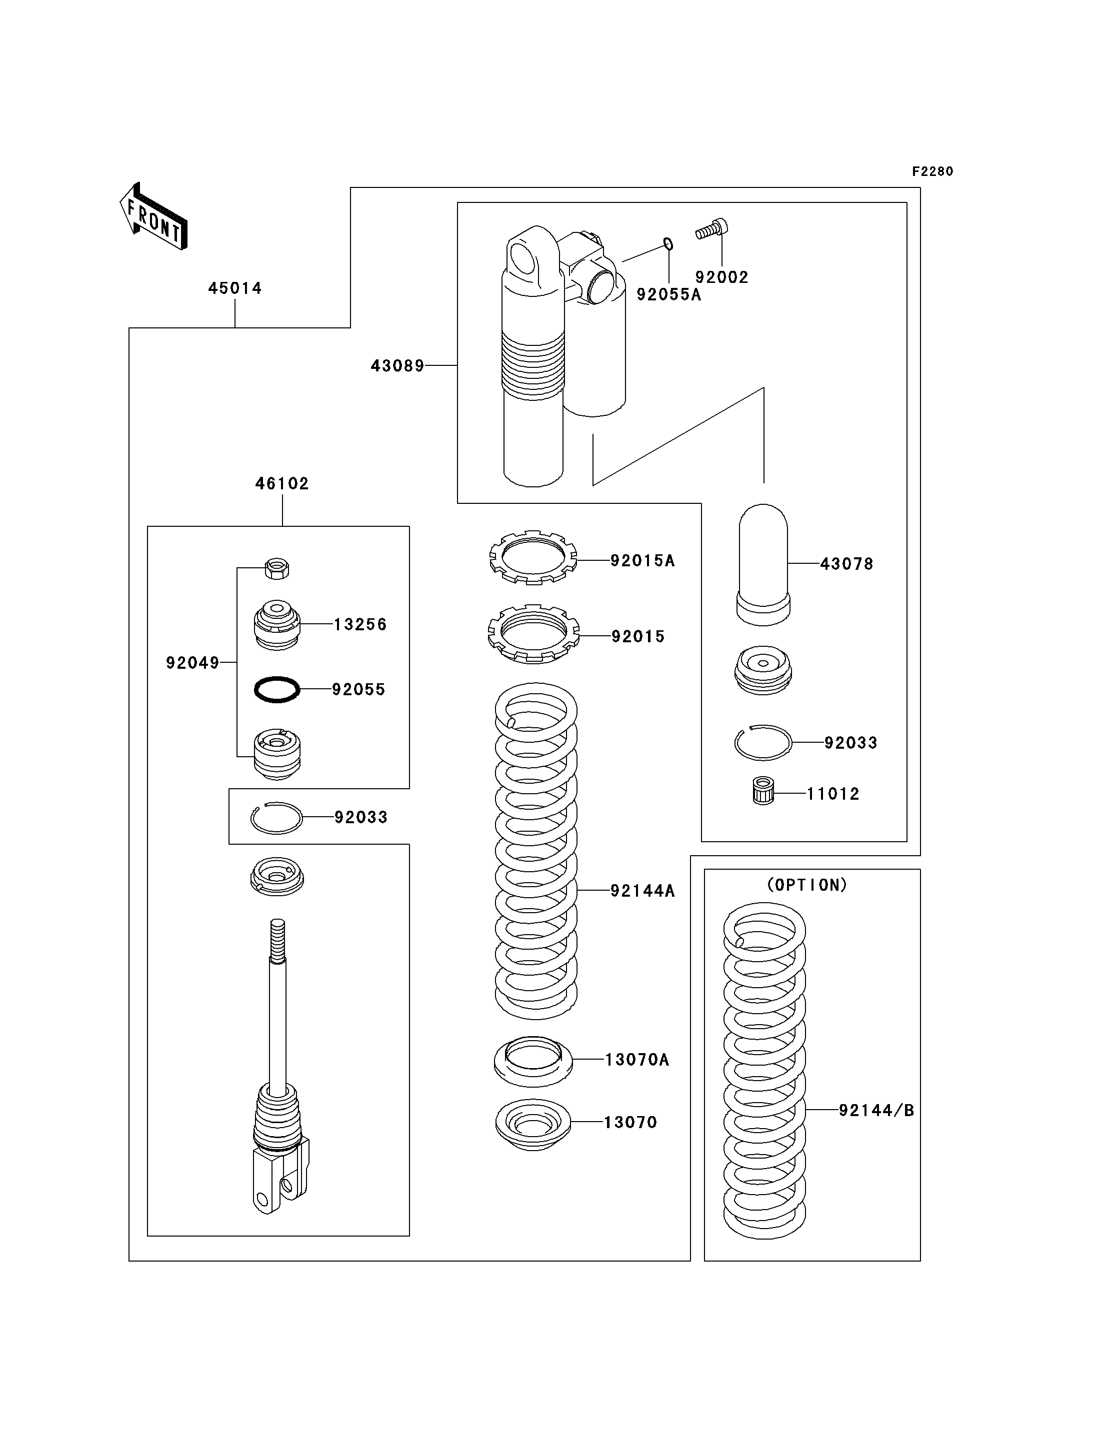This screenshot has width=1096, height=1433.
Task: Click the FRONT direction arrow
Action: click(x=153, y=216)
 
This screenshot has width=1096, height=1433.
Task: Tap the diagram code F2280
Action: click(x=932, y=171)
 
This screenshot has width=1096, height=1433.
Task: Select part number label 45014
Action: click(x=235, y=288)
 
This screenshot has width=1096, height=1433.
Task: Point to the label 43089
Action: click(x=397, y=366)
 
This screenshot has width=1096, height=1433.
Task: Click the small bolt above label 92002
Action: click(x=711, y=229)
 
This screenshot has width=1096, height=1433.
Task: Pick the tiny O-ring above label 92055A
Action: click(x=668, y=244)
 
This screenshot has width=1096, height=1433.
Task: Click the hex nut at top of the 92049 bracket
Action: click(x=277, y=568)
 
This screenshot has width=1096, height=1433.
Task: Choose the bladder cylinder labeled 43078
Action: click(x=763, y=565)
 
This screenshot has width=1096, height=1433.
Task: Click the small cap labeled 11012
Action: click(x=763, y=791)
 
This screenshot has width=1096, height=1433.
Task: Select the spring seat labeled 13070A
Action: click(x=533, y=1061)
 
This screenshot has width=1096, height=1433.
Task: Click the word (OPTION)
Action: click(x=807, y=885)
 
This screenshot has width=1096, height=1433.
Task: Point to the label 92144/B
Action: click(x=876, y=1110)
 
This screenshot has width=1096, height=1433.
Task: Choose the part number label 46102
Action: click(x=282, y=483)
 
